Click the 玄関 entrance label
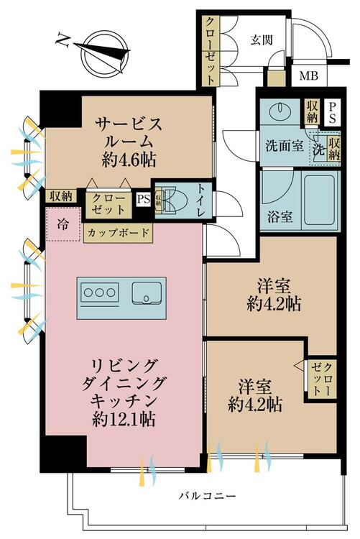[262, 40]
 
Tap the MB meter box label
[308, 75]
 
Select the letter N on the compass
[63, 40]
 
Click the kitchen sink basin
[147, 293]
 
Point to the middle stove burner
[100, 292]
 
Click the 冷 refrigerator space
[63, 224]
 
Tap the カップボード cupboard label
[118, 233]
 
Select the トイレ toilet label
[201, 201]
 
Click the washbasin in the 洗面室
[280, 111]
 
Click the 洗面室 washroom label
[285, 146]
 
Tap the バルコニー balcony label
[208, 496]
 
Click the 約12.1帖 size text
[124, 419]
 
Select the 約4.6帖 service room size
[129, 160]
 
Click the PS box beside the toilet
[144, 198]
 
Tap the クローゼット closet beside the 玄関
[210, 51]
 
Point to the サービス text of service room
[129, 124]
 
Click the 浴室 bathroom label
[280, 217]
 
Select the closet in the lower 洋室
[322, 379]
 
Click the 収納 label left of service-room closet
[61, 196]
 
